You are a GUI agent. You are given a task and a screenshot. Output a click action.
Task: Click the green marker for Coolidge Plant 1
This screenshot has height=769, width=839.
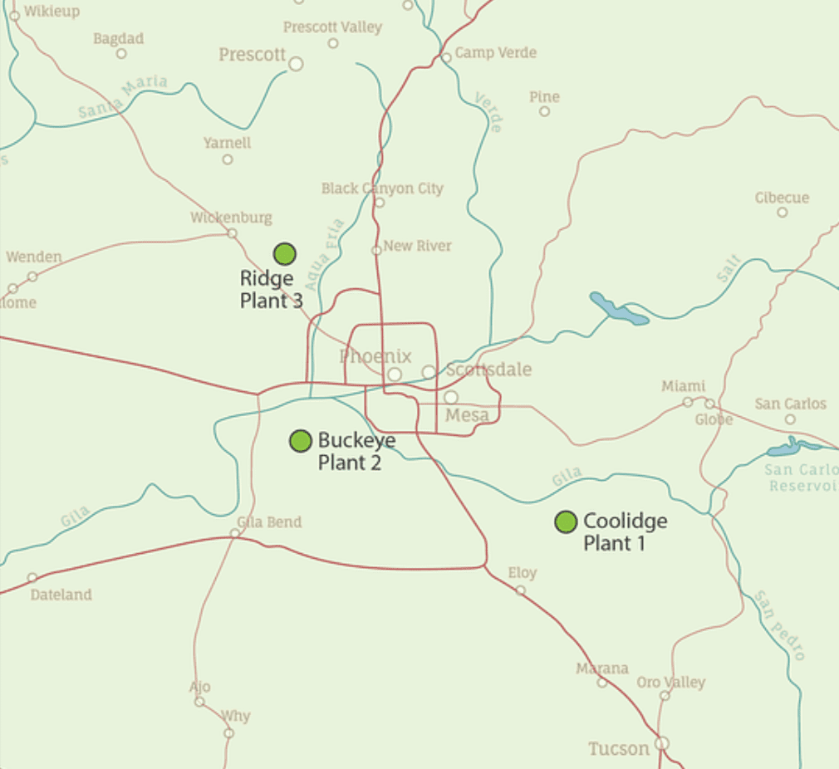pos(566,522)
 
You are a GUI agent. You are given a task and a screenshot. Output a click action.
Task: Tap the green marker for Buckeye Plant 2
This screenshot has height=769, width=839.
pos(300,441)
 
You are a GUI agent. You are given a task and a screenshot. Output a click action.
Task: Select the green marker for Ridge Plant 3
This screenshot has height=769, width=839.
pos(285,254)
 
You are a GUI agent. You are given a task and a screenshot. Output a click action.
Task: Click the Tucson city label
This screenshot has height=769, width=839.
pos(619,748)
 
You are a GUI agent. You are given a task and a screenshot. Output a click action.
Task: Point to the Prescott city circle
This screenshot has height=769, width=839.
pos(296,63)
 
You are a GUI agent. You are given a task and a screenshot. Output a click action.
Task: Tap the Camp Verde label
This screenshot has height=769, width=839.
pos(496,52)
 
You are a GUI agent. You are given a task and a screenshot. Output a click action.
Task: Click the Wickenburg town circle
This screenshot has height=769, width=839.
pos(233,233)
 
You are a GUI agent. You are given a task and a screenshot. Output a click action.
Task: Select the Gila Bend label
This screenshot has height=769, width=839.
pos(269,522)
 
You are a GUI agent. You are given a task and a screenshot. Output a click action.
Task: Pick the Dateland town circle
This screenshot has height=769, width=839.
pos(32,577)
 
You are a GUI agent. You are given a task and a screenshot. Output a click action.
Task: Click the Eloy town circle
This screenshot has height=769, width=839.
pos(520,590)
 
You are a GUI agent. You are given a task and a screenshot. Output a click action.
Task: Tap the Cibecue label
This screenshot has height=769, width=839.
pos(782,198)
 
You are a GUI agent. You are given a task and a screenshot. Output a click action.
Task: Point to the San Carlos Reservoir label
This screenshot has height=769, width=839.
pos(801,478)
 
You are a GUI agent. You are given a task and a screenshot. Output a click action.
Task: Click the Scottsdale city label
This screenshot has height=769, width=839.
pos(488,370)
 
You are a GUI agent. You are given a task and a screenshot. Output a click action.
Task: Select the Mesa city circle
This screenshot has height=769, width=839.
pos(451,397)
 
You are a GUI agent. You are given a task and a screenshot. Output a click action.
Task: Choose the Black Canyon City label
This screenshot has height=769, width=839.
pos(382,189)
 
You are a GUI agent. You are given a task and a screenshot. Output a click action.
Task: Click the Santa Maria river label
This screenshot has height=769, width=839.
pos(123,96)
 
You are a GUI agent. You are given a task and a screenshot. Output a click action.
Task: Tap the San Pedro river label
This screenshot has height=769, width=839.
pos(780,625)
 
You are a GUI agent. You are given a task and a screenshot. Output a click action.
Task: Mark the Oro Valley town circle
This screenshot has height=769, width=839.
pos(665,696)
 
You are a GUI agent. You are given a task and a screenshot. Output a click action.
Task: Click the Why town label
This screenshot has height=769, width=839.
pos(235,716)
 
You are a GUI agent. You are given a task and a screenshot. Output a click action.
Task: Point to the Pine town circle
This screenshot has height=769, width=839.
pos(545,111)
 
